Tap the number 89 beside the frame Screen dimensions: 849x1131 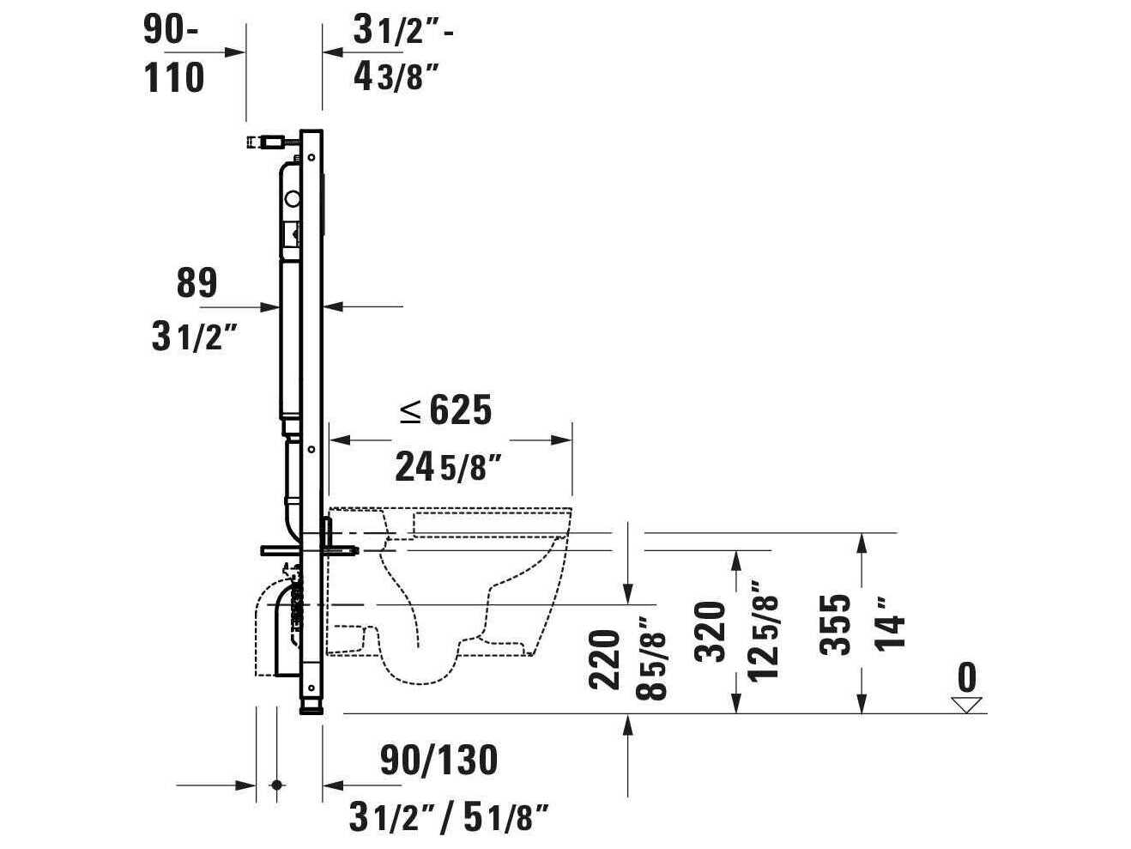(197, 283)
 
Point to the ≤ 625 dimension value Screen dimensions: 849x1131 (446, 411)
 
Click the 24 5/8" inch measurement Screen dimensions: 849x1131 (447, 468)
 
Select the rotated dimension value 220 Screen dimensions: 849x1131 (605, 659)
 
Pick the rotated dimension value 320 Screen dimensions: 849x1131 (712, 631)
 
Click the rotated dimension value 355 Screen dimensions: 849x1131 (835, 624)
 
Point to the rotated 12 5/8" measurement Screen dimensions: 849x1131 (764, 631)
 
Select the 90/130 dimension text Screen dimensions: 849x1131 (438, 760)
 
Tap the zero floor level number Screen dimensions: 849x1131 (966, 678)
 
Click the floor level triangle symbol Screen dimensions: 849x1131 (966, 705)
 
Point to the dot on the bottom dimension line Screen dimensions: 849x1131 (276, 785)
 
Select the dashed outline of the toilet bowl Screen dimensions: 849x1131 (481, 601)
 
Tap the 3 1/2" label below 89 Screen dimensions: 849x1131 (193, 338)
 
